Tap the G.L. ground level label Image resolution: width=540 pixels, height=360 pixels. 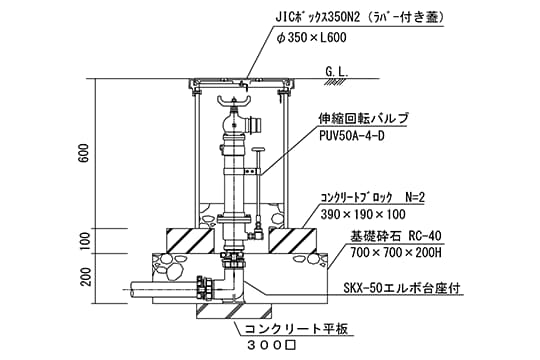coord(336,72)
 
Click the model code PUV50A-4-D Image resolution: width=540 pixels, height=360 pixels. coord(354,136)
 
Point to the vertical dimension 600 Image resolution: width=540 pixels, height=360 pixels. coord(86,152)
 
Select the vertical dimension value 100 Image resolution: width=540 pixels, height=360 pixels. coord(86,241)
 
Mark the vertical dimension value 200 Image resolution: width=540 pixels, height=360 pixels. coord(86,275)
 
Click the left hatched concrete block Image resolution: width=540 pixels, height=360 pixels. coord(187,241)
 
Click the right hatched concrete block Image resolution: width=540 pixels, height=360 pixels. coord(296,241)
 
